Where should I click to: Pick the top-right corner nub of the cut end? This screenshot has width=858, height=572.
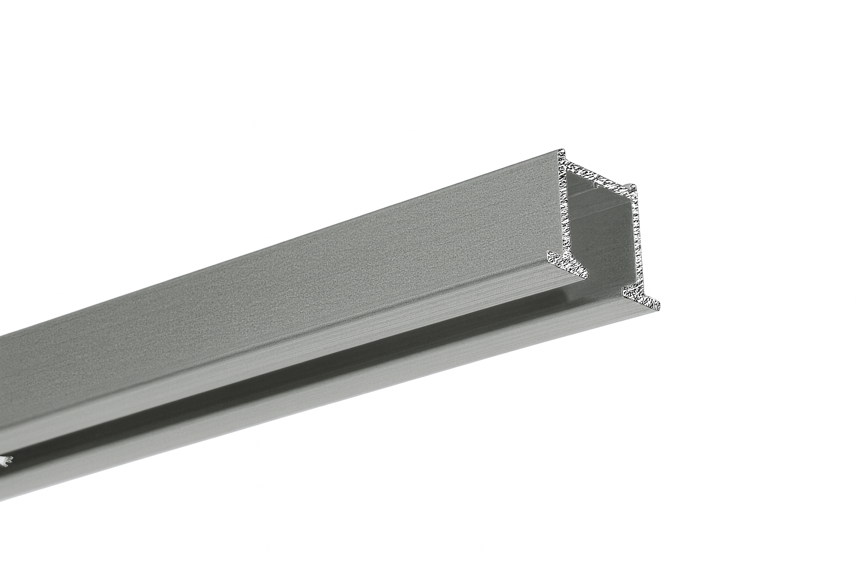[632, 188]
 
